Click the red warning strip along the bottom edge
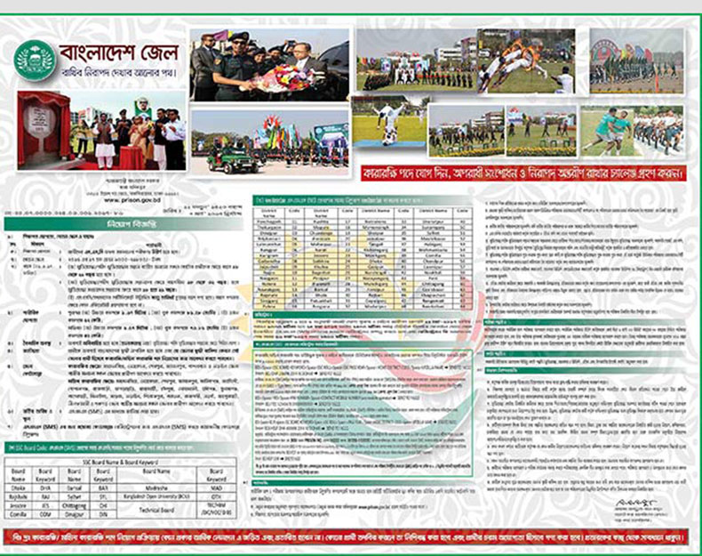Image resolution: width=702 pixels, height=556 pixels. [x=350, y=541]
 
